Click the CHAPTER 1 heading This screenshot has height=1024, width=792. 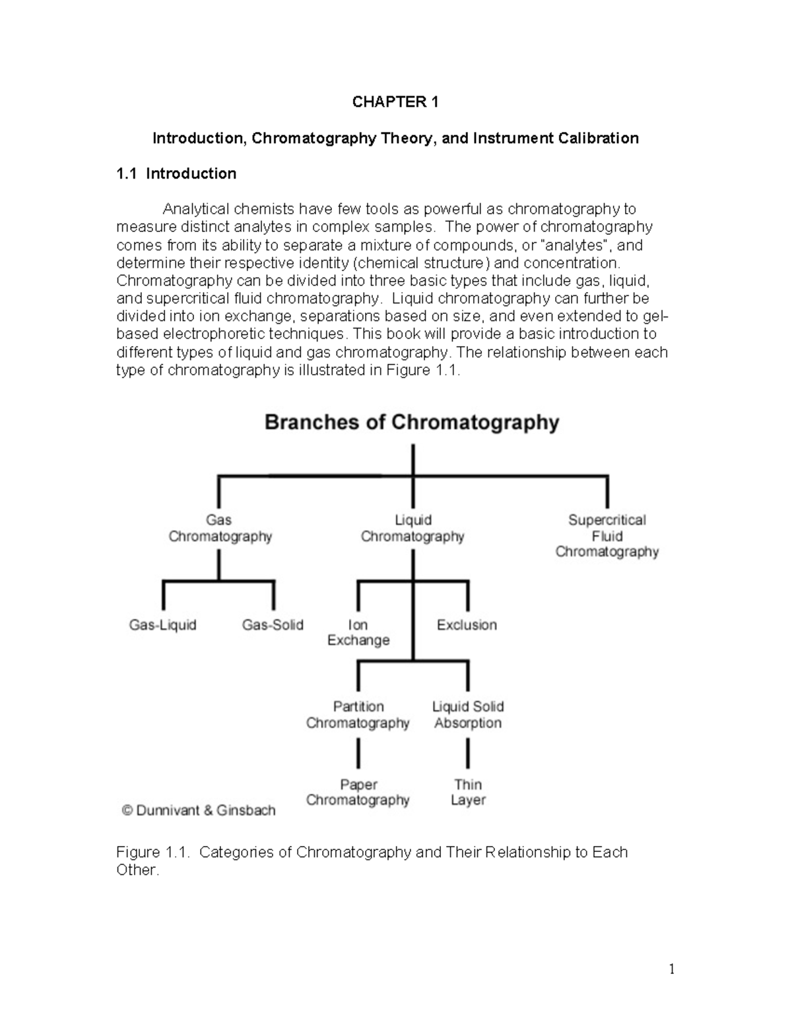(395, 102)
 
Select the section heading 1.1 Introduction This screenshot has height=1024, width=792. (176, 173)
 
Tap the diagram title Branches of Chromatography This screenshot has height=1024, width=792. (412, 422)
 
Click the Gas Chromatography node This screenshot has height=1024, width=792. (220, 528)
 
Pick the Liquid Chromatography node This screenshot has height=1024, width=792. (412, 528)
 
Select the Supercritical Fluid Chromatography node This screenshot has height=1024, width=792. (607, 535)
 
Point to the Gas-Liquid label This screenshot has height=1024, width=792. (163, 624)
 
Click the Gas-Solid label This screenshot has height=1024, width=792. (273, 624)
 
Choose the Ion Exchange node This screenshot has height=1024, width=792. (358, 632)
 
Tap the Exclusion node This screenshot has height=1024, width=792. (467, 624)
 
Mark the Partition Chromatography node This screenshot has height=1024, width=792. (358, 715)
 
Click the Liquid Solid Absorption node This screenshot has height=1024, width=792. (468, 715)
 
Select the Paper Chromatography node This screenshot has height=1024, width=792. (358, 792)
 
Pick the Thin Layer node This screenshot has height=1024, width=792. (468, 792)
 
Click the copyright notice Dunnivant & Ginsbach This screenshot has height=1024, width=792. (199, 810)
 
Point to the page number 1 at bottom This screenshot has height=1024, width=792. (672, 969)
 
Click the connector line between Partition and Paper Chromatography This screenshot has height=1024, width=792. (358, 754)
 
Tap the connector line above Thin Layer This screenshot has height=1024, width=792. (468, 754)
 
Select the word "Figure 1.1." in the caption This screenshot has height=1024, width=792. (153, 852)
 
